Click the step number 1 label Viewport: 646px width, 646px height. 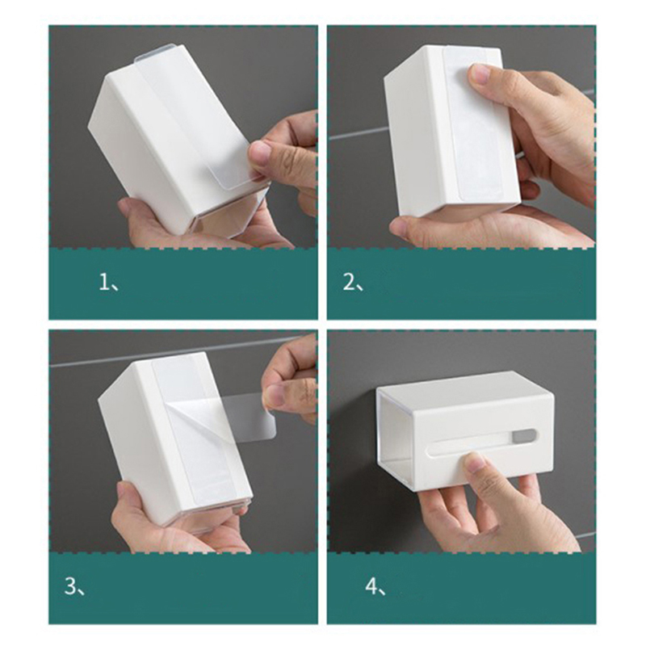pos(109,283)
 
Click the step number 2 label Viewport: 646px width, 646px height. pos(353,283)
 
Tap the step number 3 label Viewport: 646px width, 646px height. pos(74,586)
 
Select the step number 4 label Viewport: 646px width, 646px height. pos(375,586)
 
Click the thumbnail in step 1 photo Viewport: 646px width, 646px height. pos(258,153)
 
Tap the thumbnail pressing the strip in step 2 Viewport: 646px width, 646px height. pos(479,74)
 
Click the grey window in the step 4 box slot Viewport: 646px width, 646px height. pos(524,437)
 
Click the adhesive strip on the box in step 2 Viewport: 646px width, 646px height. pos(475,124)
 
